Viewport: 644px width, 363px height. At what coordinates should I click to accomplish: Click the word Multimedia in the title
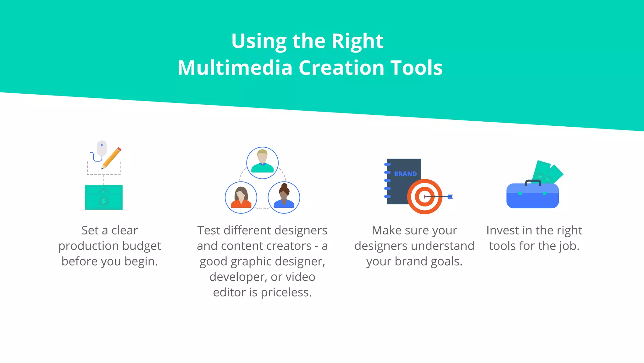click(x=235, y=68)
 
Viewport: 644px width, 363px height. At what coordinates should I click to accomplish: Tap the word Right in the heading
click(x=358, y=41)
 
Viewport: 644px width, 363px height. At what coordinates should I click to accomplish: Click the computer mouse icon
click(x=102, y=148)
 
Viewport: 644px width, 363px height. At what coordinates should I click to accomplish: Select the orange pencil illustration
click(x=112, y=158)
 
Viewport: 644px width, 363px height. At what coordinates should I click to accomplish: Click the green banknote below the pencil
click(x=104, y=197)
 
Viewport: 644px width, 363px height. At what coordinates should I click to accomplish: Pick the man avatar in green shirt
click(x=262, y=162)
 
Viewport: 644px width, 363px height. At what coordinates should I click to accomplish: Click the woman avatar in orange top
click(x=241, y=198)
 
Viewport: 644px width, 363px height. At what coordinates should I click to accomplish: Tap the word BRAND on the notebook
click(x=405, y=174)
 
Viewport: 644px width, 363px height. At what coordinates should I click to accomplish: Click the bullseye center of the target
click(x=425, y=197)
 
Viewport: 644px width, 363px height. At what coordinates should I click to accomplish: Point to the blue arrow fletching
click(x=450, y=197)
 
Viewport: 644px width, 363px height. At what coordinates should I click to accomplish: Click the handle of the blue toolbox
click(x=533, y=182)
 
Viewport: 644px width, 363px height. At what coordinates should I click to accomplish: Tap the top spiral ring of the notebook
click(x=387, y=164)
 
